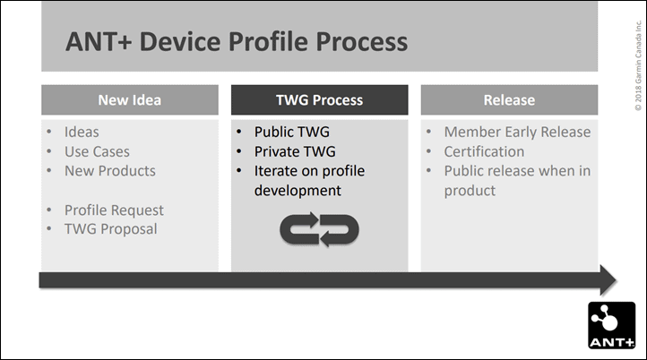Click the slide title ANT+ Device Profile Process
point(237,42)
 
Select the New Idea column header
point(130,99)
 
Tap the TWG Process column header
point(319,99)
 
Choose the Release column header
point(509,99)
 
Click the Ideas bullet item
point(82,132)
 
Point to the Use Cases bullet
point(97,151)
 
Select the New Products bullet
point(109,171)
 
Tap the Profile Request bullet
point(114,210)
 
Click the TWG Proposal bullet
point(110,229)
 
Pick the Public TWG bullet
point(292,132)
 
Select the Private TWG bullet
point(295,151)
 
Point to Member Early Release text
point(517,132)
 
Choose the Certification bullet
point(484,151)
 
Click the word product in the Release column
point(470,191)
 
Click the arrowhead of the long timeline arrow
point(608,280)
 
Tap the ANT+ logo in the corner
point(611,325)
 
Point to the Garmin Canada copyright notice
point(638,65)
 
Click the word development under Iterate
point(298,191)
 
